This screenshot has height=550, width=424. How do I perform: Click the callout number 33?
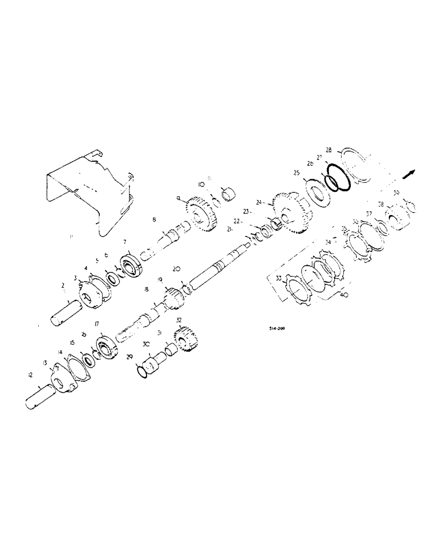tap(278, 279)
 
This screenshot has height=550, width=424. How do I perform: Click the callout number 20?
tap(176, 269)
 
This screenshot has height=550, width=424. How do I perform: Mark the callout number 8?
tap(154, 219)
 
